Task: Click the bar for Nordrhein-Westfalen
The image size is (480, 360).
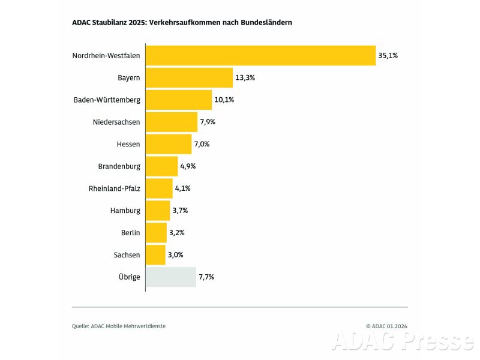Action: point(260,55)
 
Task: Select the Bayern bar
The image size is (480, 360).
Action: point(189,77)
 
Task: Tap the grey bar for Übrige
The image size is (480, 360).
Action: point(171,277)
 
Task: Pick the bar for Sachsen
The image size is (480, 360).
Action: point(155,255)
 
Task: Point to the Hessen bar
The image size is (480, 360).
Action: point(169,144)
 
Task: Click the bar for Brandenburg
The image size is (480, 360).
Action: point(162,166)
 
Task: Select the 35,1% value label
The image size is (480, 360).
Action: point(388,55)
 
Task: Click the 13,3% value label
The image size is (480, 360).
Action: point(245,77)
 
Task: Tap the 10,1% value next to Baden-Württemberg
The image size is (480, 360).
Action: point(224,100)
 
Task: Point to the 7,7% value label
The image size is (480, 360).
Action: point(206,277)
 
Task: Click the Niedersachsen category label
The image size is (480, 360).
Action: point(116,122)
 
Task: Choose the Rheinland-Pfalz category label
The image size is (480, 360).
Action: point(114,188)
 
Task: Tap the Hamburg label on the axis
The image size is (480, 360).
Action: point(125,211)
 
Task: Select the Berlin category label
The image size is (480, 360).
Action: point(130,233)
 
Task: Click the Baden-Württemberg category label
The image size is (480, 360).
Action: point(107,100)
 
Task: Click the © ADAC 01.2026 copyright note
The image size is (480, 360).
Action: point(386,326)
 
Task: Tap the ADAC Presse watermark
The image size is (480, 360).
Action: point(402,341)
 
